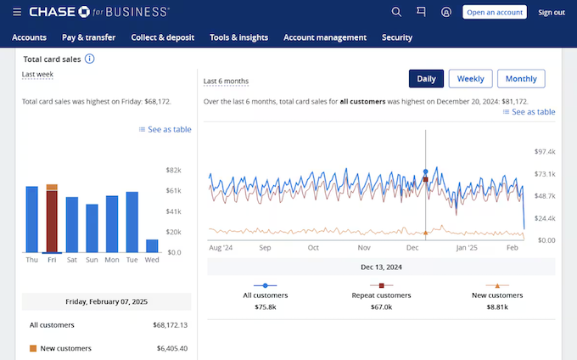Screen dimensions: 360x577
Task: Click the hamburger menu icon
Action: click(17, 13)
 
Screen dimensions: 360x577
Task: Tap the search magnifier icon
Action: click(396, 13)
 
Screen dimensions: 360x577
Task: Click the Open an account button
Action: click(495, 13)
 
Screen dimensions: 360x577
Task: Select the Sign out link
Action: click(552, 13)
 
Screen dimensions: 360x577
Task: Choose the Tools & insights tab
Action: click(238, 37)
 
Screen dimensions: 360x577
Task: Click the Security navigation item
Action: click(397, 37)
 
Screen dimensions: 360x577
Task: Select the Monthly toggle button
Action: click(521, 79)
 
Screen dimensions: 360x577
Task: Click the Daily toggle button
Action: click(426, 79)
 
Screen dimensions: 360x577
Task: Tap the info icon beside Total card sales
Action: click(90, 59)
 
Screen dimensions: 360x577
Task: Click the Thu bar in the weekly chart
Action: click(32, 219)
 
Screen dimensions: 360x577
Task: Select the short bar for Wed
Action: click(152, 245)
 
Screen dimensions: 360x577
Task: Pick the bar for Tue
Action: click(132, 222)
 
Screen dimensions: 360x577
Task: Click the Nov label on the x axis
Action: click(364, 249)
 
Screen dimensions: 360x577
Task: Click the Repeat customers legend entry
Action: click(382, 295)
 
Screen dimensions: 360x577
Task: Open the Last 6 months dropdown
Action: click(227, 82)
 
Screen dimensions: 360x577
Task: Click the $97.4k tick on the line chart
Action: click(545, 152)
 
